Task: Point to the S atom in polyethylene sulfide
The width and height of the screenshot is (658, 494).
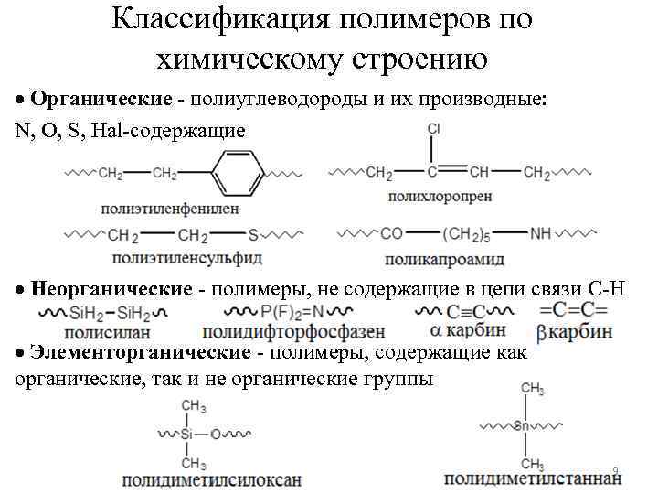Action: pyautogui.click(x=254, y=235)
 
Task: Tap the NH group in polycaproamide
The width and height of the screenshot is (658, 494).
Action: pyautogui.click(x=540, y=234)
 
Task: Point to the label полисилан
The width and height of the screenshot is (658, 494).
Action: pyautogui.click(x=109, y=333)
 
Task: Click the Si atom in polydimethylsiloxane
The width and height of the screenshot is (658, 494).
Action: pyautogui.click(x=186, y=434)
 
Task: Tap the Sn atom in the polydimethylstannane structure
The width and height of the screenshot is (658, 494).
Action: pyautogui.click(x=523, y=425)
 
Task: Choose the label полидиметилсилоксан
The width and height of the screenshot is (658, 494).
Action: pyautogui.click(x=212, y=478)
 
